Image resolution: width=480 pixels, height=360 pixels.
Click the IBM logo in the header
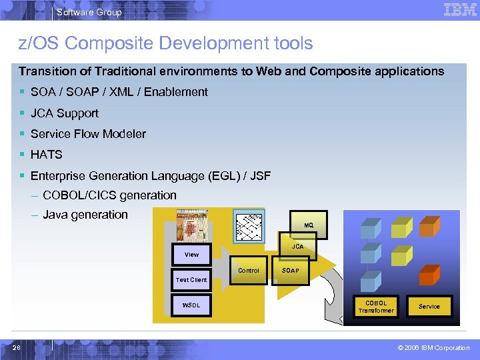[460, 10]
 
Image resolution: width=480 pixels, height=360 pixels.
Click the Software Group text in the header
[89, 12]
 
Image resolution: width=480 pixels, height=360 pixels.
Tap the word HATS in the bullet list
[47, 155]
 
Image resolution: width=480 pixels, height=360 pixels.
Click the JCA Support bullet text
[65, 113]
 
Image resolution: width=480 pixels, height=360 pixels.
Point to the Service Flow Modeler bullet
[88, 134]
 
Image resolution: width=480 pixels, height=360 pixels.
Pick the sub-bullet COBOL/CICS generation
[109, 195]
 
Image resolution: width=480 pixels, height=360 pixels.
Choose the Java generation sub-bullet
[85, 215]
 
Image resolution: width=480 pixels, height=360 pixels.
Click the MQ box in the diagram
[309, 225]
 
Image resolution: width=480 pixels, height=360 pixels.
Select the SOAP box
[291, 271]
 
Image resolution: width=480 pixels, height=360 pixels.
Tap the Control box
[249, 271]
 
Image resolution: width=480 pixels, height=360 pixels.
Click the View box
[191, 254]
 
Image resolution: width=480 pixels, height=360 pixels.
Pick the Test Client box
[191, 280]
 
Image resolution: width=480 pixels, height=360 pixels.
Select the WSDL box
[191, 306]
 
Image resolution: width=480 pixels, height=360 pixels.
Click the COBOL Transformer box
[376, 307]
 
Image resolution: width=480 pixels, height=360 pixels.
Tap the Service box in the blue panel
[429, 307]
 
